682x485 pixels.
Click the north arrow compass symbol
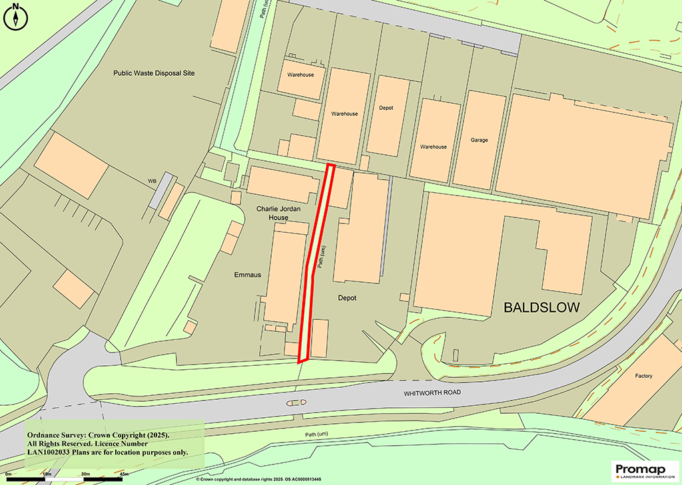15,15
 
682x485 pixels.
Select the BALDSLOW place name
541,308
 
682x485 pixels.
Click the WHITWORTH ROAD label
432,393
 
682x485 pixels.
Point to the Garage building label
480,140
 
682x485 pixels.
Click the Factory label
643,377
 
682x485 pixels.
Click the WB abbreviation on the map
152,180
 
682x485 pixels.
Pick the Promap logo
643,470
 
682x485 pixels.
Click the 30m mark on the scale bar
85,474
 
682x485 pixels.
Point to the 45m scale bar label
124,474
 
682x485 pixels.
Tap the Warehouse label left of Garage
433,146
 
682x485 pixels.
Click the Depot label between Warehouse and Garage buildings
386,108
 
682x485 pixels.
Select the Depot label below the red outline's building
348,298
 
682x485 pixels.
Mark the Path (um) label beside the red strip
322,255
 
